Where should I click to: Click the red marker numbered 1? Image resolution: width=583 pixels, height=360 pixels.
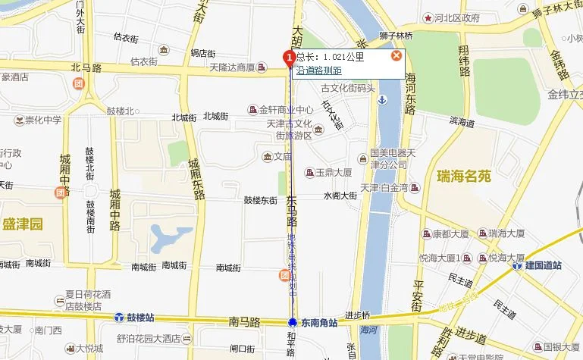click(288, 58)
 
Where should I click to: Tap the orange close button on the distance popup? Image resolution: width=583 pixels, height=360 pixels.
click(396, 56)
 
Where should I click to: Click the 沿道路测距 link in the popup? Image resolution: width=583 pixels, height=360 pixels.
click(318, 70)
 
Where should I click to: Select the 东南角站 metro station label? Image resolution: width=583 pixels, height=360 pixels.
click(312, 322)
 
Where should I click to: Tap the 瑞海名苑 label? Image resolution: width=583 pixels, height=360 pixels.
click(464, 177)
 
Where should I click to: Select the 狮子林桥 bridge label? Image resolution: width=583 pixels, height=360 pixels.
click(396, 36)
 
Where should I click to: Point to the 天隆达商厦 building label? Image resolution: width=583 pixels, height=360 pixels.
click(237, 68)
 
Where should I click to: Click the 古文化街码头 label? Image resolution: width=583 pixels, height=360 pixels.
click(348, 88)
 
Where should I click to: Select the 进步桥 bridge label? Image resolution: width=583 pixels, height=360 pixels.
click(356, 315)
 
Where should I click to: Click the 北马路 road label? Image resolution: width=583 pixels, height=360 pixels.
click(86, 67)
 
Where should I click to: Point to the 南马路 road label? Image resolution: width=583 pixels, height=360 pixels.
click(243, 322)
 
